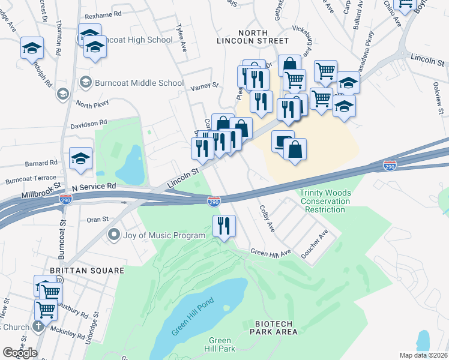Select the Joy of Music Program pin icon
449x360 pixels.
[x=113, y=235]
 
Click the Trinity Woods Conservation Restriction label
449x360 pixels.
[x=325, y=202]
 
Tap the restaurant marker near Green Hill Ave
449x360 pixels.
[x=224, y=226]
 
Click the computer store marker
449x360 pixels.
[x=283, y=142]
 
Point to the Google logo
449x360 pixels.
[x=20, y=352]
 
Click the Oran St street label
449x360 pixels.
[x=97, y=220]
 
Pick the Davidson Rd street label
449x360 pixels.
[x=88, y=123]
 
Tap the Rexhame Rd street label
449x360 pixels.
[x=103, y=13]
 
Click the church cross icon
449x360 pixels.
[x=37, y=328]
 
